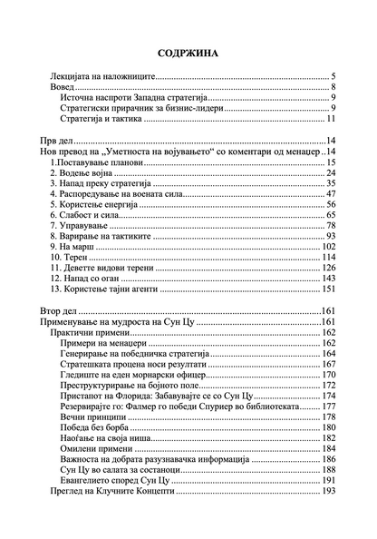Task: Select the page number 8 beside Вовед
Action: click(334, 88)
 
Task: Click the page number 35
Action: click(332, 183)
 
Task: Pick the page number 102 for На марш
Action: click(329, 247)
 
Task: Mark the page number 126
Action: click(329, 269)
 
